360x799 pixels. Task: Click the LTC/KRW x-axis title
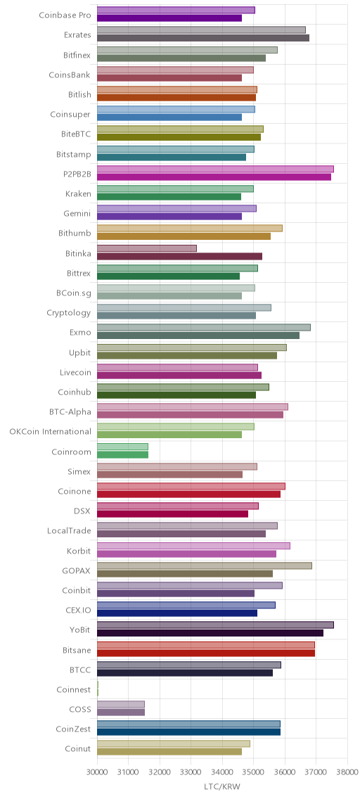[221, 787]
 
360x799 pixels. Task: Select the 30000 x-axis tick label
[97, 772]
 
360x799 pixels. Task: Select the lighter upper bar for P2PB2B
[215, 169]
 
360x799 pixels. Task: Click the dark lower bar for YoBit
[210, 633]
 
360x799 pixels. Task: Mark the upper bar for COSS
[121, 704]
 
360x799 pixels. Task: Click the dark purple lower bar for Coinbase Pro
[169, 18]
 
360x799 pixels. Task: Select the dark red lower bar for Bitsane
[206, 653]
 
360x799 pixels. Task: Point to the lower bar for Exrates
[202, 38]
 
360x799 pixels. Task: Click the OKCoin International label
[51, 432]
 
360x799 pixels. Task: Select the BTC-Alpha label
[68, 411]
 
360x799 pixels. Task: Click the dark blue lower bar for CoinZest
[188, 732]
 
